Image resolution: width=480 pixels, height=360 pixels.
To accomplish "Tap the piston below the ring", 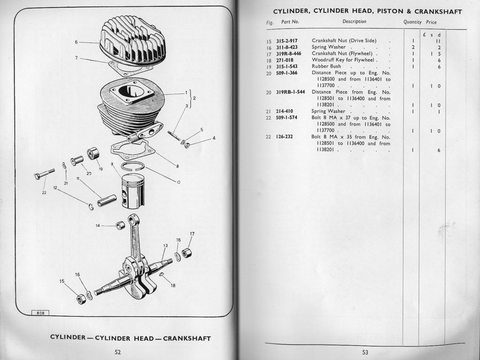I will pos(133,189).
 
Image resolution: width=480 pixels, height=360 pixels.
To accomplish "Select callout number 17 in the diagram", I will pos(192,233).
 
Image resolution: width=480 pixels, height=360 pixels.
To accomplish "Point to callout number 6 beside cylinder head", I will pos(76,42).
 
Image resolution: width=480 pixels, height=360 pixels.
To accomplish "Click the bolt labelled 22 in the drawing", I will pos(44,174).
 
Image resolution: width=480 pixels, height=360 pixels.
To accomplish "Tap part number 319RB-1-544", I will pos(291,92).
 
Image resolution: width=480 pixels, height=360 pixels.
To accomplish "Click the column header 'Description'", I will pos(354,22).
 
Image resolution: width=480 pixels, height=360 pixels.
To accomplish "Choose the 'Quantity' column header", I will pos(412,22).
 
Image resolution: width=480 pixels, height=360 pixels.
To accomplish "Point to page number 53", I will pos(365,352).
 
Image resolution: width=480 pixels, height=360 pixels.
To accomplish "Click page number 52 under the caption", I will pos(118,352).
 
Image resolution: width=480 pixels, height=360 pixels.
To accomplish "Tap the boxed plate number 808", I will pos(40,313).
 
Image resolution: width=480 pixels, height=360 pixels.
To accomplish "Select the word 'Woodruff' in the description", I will pos(322,60).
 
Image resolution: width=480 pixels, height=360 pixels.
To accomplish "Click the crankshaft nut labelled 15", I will pos(81,299).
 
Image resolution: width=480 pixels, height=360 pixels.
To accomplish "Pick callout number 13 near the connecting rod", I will pos(165,246).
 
